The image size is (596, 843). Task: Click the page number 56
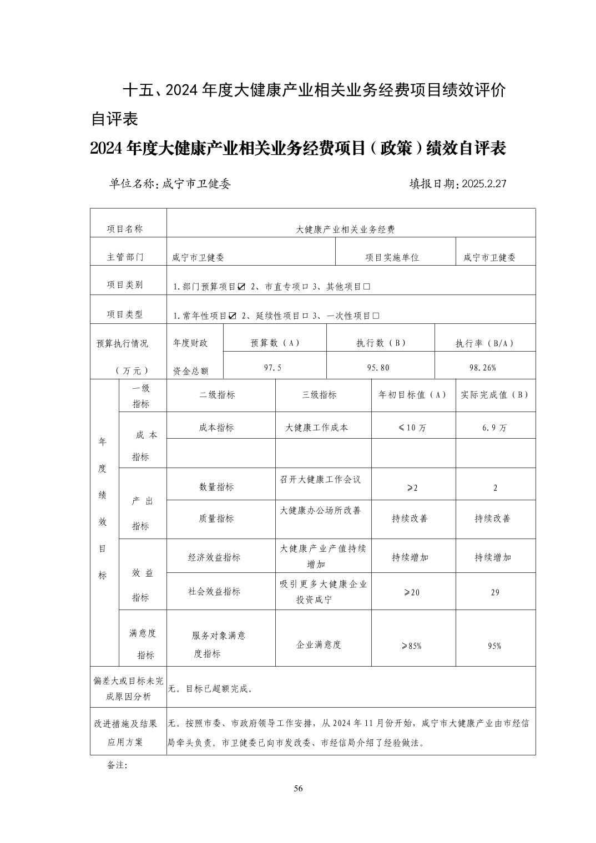point(298,789)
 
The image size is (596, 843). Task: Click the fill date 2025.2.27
point(481,184)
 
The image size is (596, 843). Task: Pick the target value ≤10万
point(412,428)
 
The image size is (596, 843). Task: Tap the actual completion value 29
point(495,592)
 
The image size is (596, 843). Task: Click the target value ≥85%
point(412,646)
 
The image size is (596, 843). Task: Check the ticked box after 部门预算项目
point(241,287)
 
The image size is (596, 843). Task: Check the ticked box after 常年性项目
point(233,316)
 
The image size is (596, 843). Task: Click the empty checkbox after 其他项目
point(366,287)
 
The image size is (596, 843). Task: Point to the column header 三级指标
point(319,395)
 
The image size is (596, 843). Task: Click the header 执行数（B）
point(381,343)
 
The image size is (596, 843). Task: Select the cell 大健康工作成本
point(317,428)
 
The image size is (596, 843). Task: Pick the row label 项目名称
point(125,228)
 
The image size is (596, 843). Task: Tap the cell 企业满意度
point(319,644)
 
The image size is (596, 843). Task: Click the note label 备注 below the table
point(117,765)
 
